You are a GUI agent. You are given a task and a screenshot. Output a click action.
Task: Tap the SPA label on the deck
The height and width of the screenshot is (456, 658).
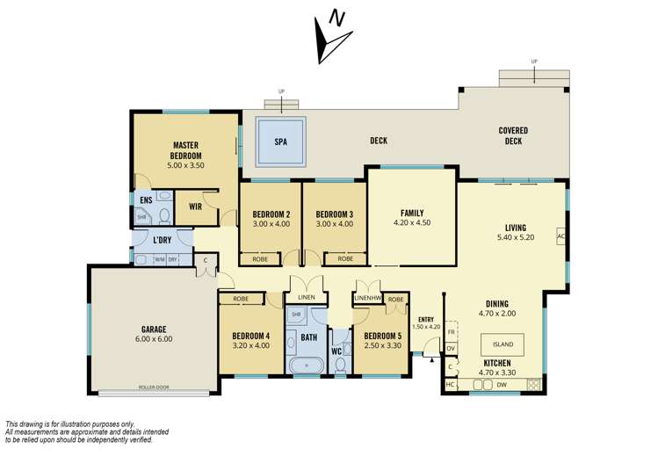[x=280, y=141]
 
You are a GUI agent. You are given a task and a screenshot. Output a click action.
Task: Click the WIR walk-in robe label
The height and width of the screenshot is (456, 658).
[x=196, y=206]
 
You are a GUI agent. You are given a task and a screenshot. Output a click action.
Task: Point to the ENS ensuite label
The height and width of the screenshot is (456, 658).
[x=145, y=200]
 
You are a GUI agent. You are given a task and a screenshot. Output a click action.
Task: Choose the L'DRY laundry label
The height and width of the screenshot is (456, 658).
[x=162, y=240]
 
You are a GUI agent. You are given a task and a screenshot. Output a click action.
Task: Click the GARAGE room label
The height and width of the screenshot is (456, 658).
[x=151, y=330]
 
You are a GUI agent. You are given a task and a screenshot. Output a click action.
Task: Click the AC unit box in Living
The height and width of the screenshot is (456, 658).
[x=560, y=236]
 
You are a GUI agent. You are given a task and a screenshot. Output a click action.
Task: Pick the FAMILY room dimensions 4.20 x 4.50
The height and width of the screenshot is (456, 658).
[x=411, y=223]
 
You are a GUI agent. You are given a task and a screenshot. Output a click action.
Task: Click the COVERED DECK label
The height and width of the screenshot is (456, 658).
[x=513, y=136]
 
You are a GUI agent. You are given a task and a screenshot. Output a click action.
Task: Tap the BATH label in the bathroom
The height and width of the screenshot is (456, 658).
[x=308, y=337]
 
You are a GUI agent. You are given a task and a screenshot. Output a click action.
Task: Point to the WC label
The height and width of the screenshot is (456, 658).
[x=336, y=351]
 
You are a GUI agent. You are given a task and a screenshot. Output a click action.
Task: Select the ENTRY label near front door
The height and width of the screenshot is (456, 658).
[x=427, y=319]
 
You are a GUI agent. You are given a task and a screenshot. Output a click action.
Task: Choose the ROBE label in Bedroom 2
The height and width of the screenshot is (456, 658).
[x=260, y=259]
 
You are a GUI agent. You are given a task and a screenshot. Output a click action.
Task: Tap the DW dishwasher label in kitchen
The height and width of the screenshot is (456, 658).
[x=502, y=384]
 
